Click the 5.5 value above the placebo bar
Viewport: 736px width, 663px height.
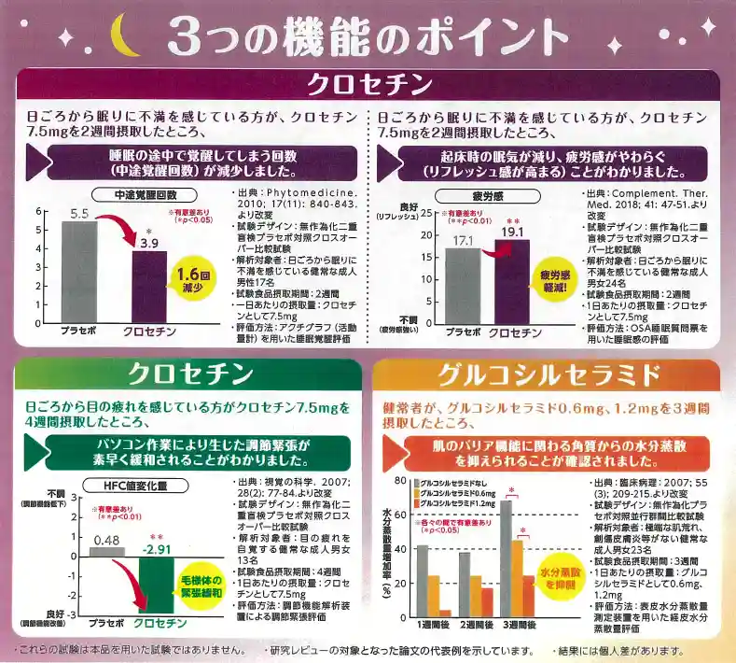coord(79,214)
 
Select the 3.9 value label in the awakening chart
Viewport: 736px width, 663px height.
coord(149,242)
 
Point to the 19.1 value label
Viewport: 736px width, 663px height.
coord(510,231)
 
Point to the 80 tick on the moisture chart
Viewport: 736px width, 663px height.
coord(399,480)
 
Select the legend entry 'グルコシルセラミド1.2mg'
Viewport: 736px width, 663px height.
coord(457,503)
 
